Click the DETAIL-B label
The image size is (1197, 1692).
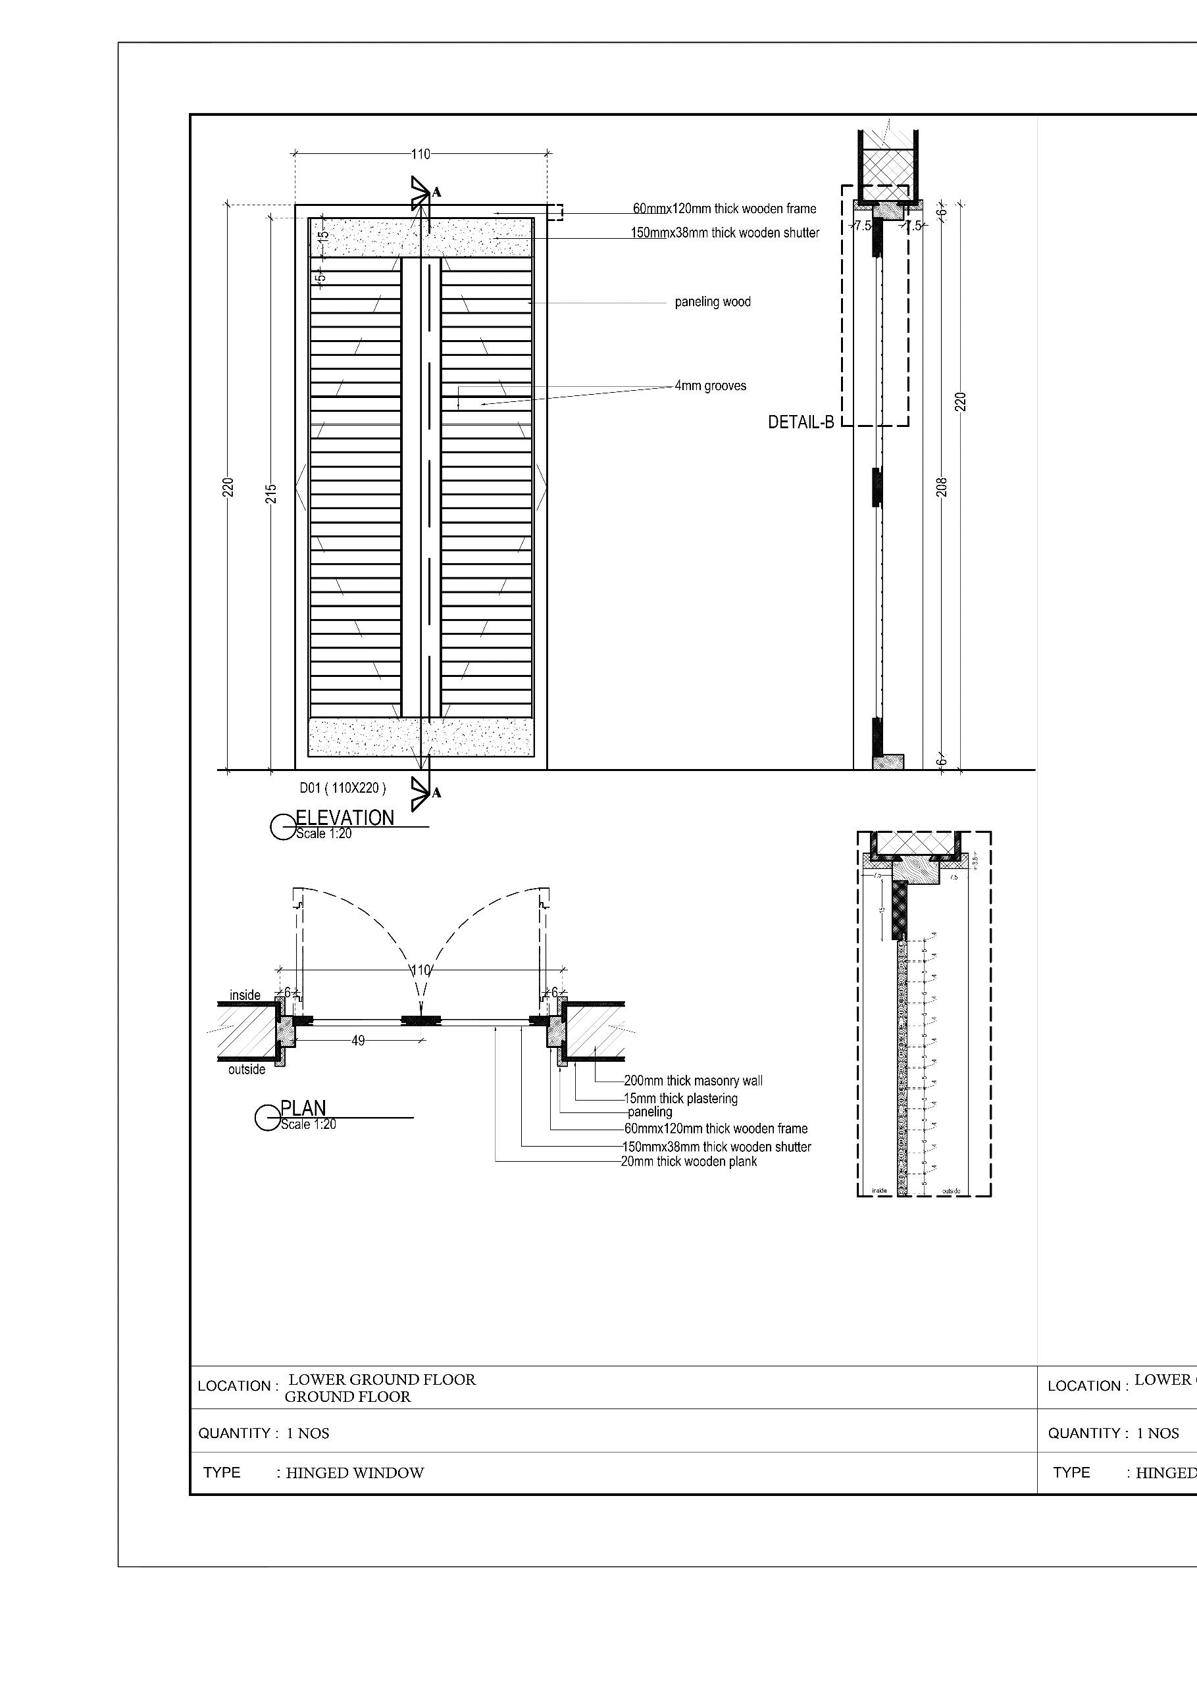(x=800, y=422)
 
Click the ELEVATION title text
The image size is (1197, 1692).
(x=344, y=817)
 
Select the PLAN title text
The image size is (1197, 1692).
(x=303, y=1108)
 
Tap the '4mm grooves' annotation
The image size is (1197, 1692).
(x=711, y=386)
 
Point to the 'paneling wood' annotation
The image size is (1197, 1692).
(x=713, y=301)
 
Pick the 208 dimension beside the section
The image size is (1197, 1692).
(x=942, y=487)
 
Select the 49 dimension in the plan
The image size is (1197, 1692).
(x=358, y=1041)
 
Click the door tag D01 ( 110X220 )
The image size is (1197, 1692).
(x=342, y=788)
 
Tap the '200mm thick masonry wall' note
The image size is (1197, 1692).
(x=693, y=1080)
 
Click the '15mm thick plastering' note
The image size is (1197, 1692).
(x=680, y=1098)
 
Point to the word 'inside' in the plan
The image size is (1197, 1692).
(x=245, y=995)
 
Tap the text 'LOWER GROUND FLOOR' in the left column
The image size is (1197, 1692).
(x=382, y=1380)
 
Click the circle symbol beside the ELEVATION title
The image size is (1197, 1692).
(x=282, y=827)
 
